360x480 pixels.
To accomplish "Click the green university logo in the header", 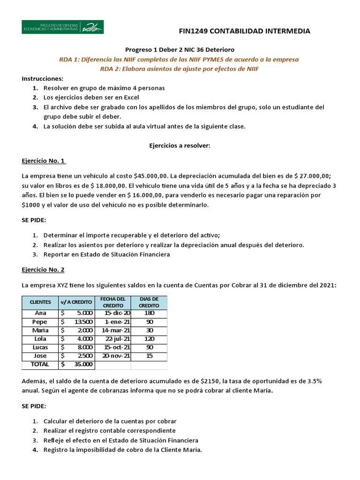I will coord(63,27).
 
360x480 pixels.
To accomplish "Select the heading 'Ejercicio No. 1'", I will coord(44,161).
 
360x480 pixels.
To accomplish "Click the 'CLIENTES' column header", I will coord(40,302).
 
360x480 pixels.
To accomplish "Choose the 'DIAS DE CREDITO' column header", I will coord(149,302).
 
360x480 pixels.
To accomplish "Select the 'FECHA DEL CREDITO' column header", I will coord(113,302).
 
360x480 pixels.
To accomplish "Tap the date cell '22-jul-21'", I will coord(118,339).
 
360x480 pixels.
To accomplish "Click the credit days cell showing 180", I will coord(149,313).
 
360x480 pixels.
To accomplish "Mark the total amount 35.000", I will coord(83,364).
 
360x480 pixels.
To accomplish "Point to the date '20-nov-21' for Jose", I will coord(117,356).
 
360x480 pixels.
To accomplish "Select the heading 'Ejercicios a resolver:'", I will coord(180,146).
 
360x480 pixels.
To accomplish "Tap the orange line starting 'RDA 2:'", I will coord(180,69).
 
